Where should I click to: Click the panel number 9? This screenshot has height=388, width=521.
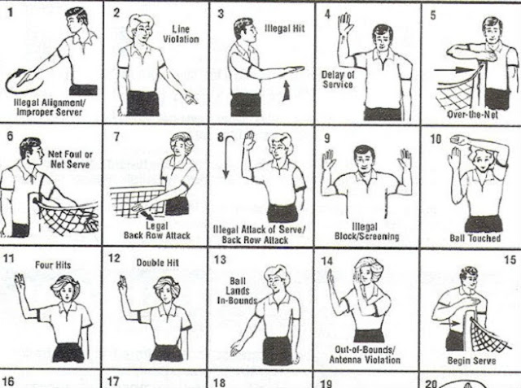pos(327,138)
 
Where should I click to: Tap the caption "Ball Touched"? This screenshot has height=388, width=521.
pos(475,238)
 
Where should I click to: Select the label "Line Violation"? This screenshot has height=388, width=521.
pos(181,34)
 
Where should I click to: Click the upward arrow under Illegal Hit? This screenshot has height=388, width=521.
pos(286,90)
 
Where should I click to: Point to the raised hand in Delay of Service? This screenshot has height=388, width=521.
pos(345,24)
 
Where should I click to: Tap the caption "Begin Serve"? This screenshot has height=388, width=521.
pos(472,360)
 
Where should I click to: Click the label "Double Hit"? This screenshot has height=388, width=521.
pos(157,263)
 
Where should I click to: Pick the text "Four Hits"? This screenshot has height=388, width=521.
pos(53,265)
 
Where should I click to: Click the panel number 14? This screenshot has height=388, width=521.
pos(327,261)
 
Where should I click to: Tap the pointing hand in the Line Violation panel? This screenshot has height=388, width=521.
pos(190,98)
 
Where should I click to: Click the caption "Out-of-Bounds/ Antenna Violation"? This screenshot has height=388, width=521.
pos(365,355)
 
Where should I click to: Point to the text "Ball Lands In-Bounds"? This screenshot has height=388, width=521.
pos(237,290)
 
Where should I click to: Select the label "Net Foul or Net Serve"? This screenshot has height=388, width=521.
pos(70,159)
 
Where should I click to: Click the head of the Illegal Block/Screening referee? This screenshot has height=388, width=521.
pos(364,158)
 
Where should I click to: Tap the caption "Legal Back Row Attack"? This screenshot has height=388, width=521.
pos(157,231)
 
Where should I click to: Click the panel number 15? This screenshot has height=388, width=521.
pos(510,259)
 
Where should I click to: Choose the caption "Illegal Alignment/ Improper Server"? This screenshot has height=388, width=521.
pos(49,107)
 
